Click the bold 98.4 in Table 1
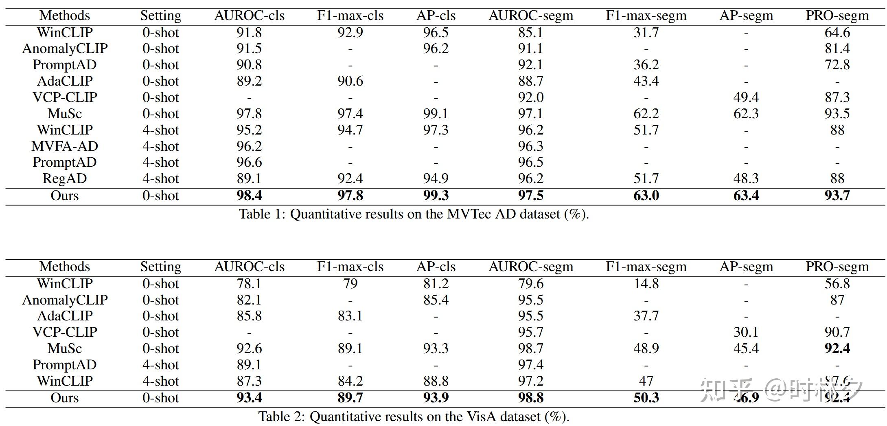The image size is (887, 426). pos(249,196)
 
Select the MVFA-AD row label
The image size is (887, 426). pos(65,146)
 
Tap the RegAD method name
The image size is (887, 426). pos(65,179)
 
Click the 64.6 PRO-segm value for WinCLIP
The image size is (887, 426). pos(837,32)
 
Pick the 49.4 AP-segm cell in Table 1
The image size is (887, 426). pos(746,97)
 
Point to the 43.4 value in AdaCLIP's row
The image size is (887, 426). pos(646,81)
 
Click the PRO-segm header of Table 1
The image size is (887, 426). pos(837,15)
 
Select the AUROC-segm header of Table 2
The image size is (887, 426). pos(531,267)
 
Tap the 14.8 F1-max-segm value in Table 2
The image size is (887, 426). pos(646,283)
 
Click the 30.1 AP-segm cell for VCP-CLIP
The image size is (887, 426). pos(746,332)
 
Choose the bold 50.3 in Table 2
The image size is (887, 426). pos(646,398)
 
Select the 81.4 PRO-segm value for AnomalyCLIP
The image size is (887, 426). pos(837,49)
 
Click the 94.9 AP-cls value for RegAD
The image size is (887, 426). pos(436,179)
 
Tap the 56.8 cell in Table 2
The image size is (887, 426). pos(837,283)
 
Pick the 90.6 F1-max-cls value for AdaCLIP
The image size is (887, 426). pos(350,81)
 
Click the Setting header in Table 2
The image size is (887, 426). pos(161,267)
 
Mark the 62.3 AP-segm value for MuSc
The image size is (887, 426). pos(746,114)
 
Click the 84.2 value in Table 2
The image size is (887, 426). pos(350,381)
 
